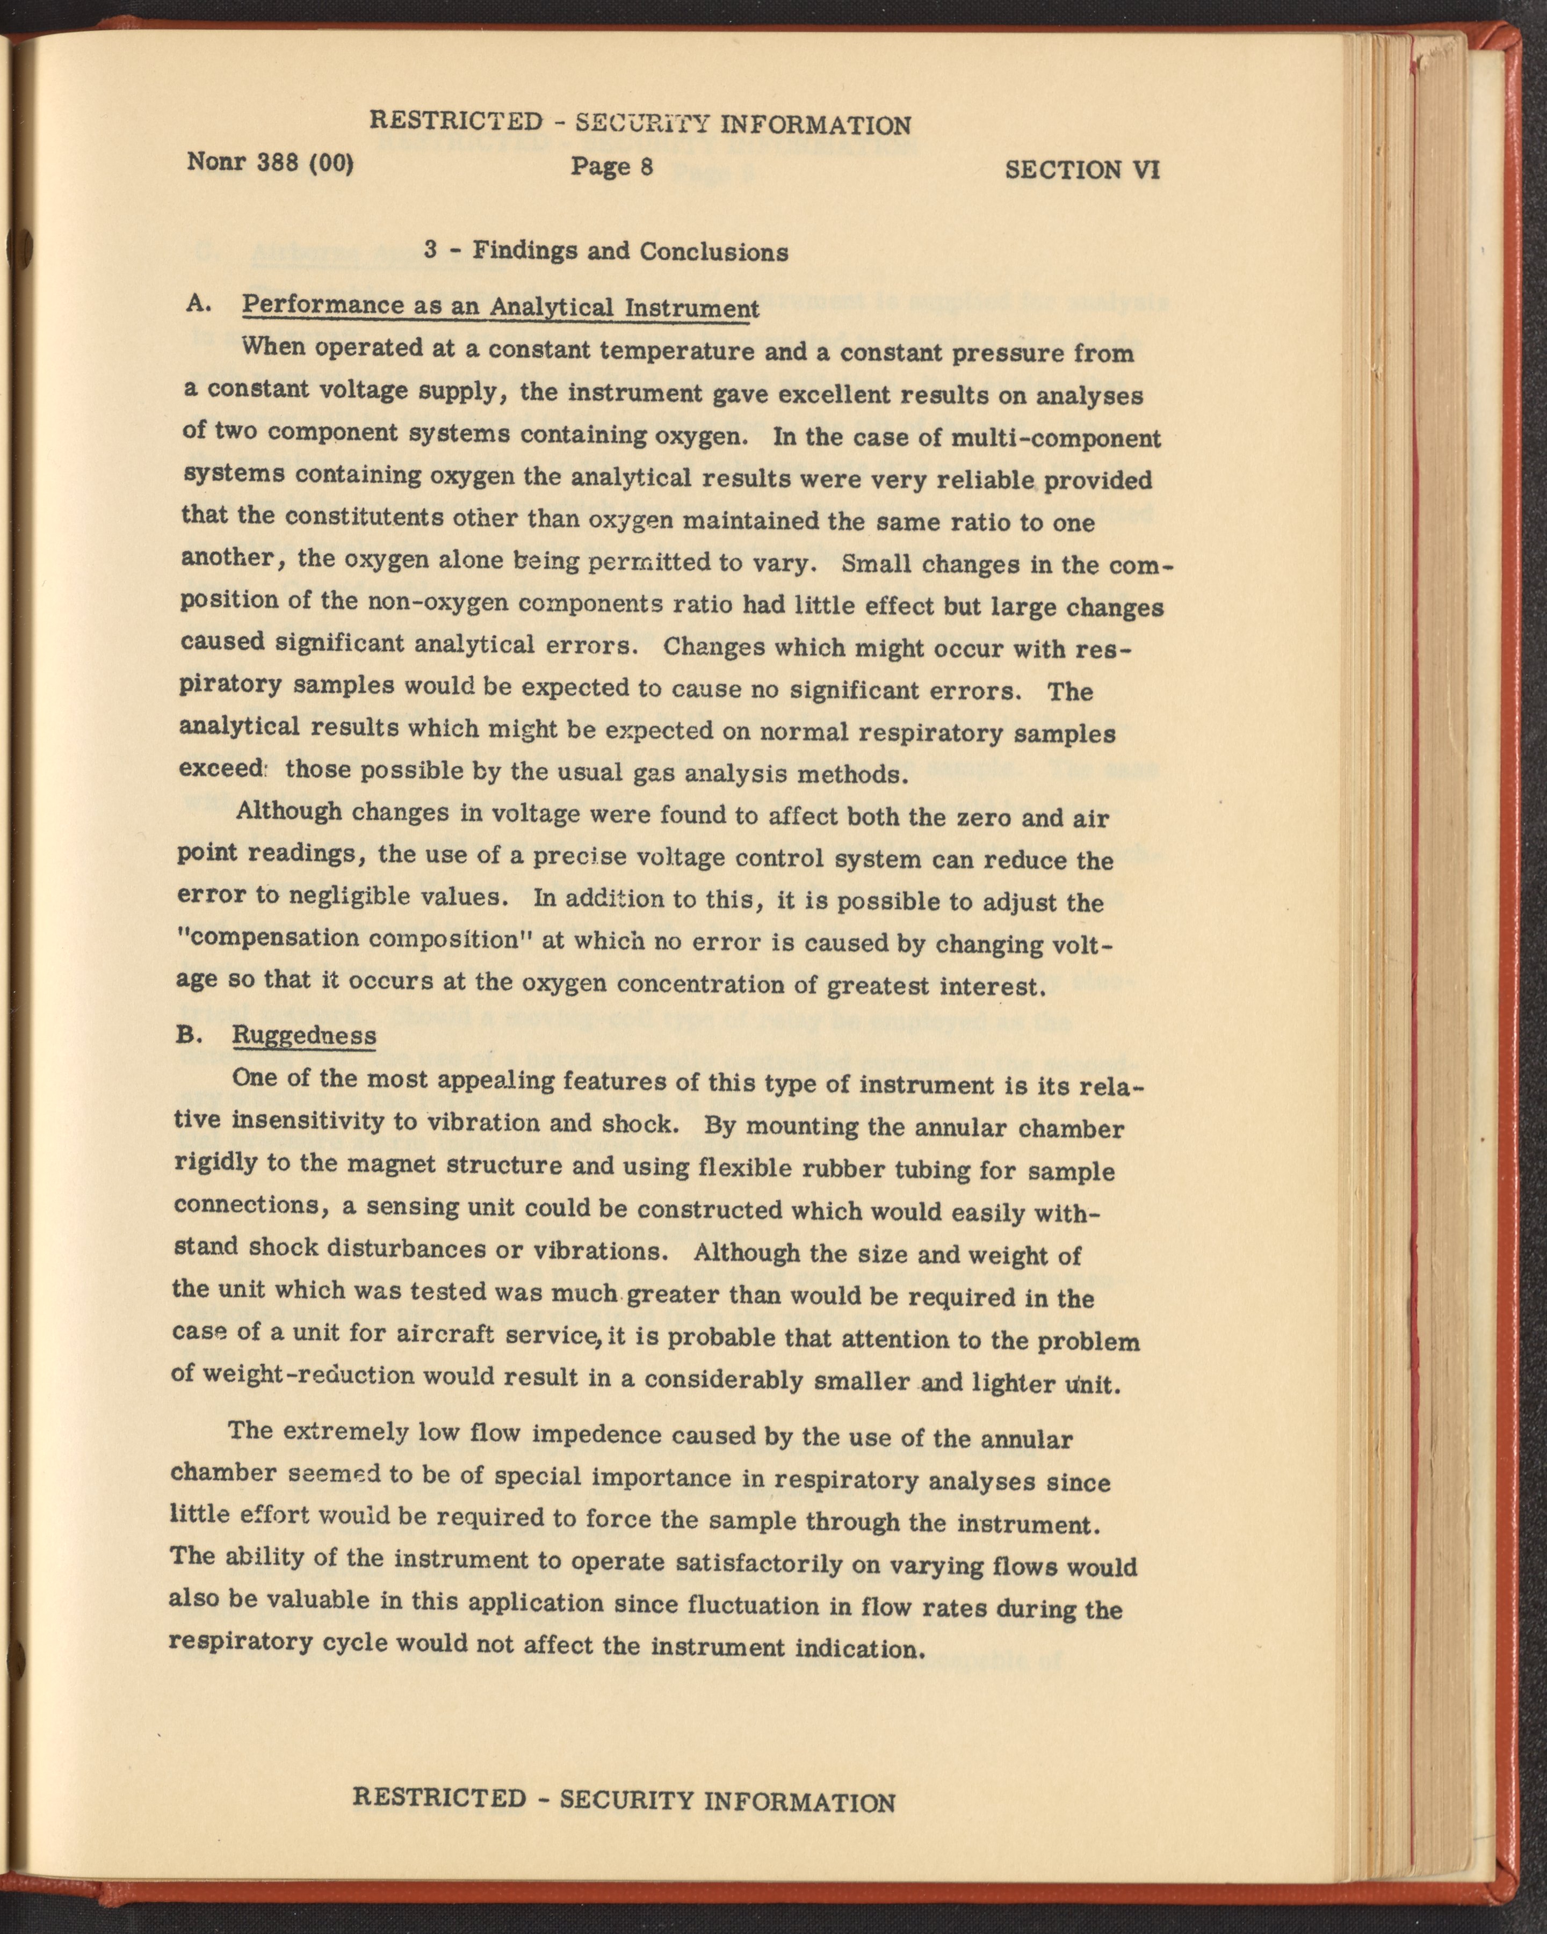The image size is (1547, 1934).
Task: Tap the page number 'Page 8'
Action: click(611, 167)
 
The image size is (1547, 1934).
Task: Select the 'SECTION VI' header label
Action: click(1083, 170)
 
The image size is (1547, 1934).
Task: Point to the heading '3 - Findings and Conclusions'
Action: click(606, 251)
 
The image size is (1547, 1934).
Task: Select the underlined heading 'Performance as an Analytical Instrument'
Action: click(501, 306)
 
